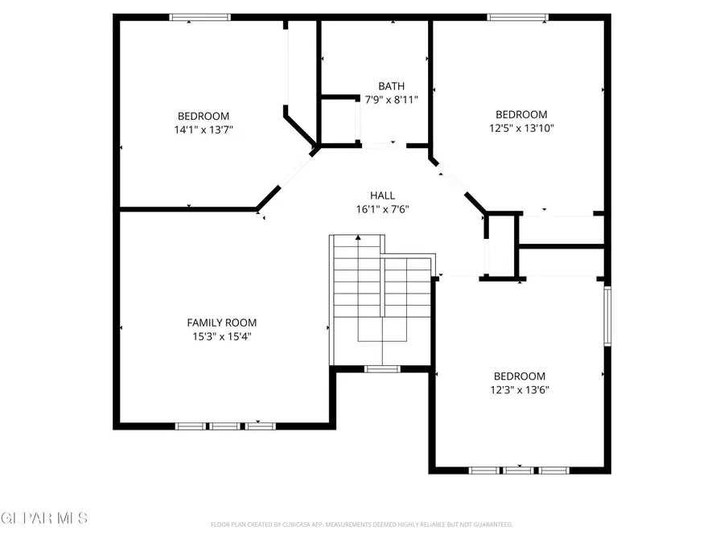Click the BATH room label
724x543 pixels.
point(392,86)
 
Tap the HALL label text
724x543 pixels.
point(382,195)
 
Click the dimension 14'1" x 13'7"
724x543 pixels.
point(204,130)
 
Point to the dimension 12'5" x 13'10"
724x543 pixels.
point(521,128)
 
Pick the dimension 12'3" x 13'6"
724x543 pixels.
point(520,389)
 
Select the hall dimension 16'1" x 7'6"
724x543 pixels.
point(382,209)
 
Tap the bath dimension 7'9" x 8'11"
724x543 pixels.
point(392,100)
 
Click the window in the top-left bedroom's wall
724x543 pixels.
point(200,16)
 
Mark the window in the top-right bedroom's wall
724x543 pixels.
point(518,16)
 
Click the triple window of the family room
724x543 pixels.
point(225,426)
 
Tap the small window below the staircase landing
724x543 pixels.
point(382,369)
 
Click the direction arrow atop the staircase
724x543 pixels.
point(358,239)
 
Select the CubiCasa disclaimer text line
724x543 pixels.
point(362,524)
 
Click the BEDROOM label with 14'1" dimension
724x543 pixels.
point(204,116)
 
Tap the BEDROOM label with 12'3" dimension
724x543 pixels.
point(520,376)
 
